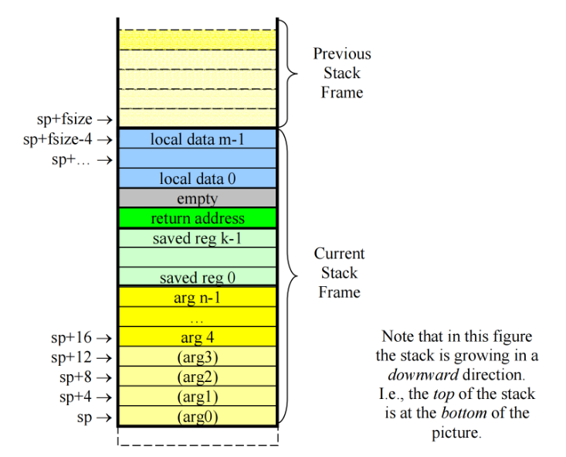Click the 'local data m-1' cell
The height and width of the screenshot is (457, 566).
[198, 139]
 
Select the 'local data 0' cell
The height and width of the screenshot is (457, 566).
[198, 179]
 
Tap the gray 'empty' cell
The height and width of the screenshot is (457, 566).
[198, 198]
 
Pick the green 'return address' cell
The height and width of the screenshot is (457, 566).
[198, 218]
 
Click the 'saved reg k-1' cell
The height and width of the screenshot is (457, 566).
[198, 238]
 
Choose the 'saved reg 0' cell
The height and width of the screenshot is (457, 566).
[198, 277]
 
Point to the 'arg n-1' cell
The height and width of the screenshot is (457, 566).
[198, 297]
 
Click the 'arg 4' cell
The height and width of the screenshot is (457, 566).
[198, 337]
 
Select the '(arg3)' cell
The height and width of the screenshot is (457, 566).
[198, 357]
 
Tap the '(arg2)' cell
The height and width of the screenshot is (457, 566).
[198, 377]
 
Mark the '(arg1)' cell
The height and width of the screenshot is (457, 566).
[198, 397]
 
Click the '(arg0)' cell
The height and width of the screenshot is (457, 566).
[198, 417]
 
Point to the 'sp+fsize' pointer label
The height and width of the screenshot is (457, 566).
[65, 119]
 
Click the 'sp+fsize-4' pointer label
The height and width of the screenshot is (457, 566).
[59, 139]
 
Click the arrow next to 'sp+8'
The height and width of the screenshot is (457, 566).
[104, 377]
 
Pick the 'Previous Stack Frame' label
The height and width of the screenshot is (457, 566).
[341, 73]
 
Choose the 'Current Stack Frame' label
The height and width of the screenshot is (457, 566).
[339, 272]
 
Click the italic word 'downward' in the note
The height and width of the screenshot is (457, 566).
[422, 374]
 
